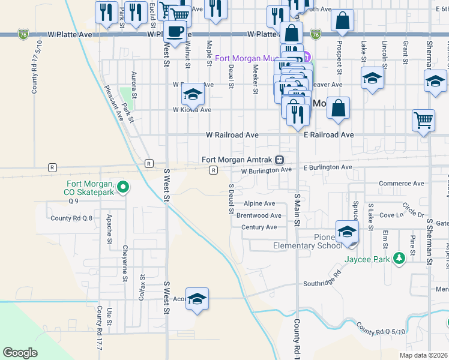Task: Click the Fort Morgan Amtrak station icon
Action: (279, 160)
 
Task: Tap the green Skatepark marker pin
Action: (123, 187)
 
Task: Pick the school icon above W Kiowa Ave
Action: (192, 94)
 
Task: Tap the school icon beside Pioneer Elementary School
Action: (348, 233)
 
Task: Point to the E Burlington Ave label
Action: (328, 167)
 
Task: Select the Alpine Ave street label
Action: (259, 204)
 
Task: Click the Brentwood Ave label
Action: (259, 215)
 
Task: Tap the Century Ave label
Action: (259, 227)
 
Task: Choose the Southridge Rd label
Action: (322, 283)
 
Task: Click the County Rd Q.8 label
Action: (71, 218)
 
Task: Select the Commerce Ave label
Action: (402, 184)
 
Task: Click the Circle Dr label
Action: (413, 211)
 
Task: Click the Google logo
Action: (20, 353)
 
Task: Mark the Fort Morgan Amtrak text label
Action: (237, 160)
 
